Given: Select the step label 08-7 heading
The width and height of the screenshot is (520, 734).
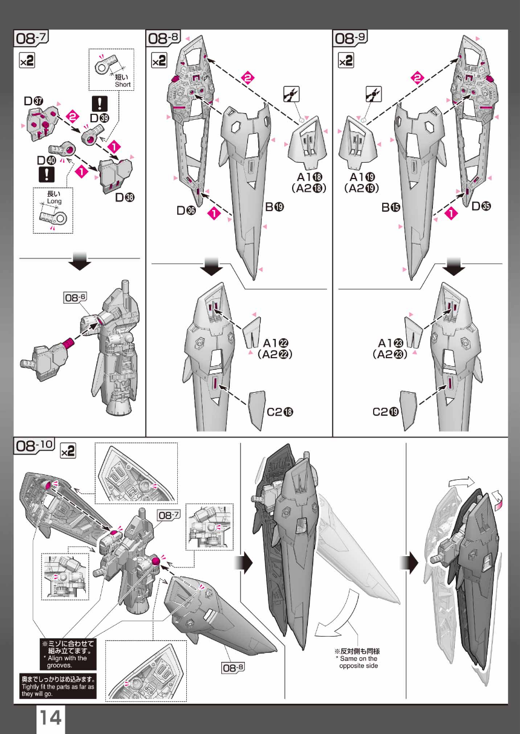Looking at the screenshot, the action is pos(31,38).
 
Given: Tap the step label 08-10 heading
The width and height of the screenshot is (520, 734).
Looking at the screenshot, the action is pos(34,445).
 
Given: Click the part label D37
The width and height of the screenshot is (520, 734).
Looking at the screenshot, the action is pos(33,101).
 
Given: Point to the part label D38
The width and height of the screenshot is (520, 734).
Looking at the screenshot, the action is pos(125,197).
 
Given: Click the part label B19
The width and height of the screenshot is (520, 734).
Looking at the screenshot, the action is pos(275,207).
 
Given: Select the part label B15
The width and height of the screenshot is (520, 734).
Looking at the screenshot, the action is pos(391,207).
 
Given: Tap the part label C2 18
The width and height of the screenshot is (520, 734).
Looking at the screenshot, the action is pos(280,411).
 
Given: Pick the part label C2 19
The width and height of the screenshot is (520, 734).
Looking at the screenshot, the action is pos(385,411).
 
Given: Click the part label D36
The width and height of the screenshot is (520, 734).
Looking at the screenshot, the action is pos(186,210).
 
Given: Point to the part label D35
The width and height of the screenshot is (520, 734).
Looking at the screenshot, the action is pos(481,206).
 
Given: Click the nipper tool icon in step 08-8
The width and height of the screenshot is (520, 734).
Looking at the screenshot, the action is pos(291,94).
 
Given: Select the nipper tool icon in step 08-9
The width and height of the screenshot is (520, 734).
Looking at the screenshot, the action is pos(374,94).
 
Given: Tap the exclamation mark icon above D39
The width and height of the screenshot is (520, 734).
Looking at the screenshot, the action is pos(100,103).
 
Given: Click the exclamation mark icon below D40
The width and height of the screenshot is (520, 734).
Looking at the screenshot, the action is pos(47,174).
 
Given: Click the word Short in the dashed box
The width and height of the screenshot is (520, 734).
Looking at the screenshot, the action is pos(123,84).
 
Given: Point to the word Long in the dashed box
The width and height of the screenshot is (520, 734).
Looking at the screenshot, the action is pos(54,201).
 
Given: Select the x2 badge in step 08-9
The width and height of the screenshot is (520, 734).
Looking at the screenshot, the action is pos(346,61).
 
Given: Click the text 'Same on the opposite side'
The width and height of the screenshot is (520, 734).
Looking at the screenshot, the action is pos(359,662).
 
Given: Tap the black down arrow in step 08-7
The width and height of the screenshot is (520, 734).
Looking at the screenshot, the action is pos(80,261).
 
